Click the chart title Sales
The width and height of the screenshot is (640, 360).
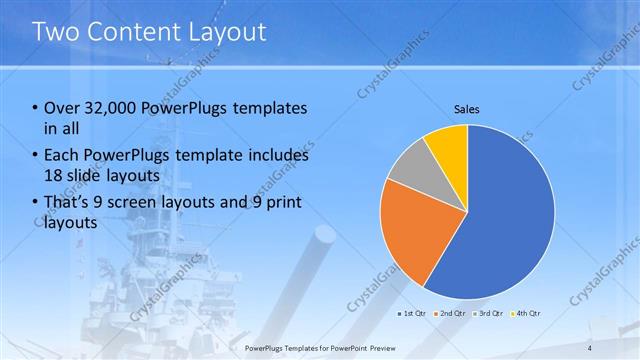click(x=467, y=107)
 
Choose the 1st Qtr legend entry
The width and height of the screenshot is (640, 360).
click(x=413, y=313)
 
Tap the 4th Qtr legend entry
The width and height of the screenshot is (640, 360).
click(x=528, y=313)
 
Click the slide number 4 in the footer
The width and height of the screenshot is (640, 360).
click(x=590, y=347)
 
